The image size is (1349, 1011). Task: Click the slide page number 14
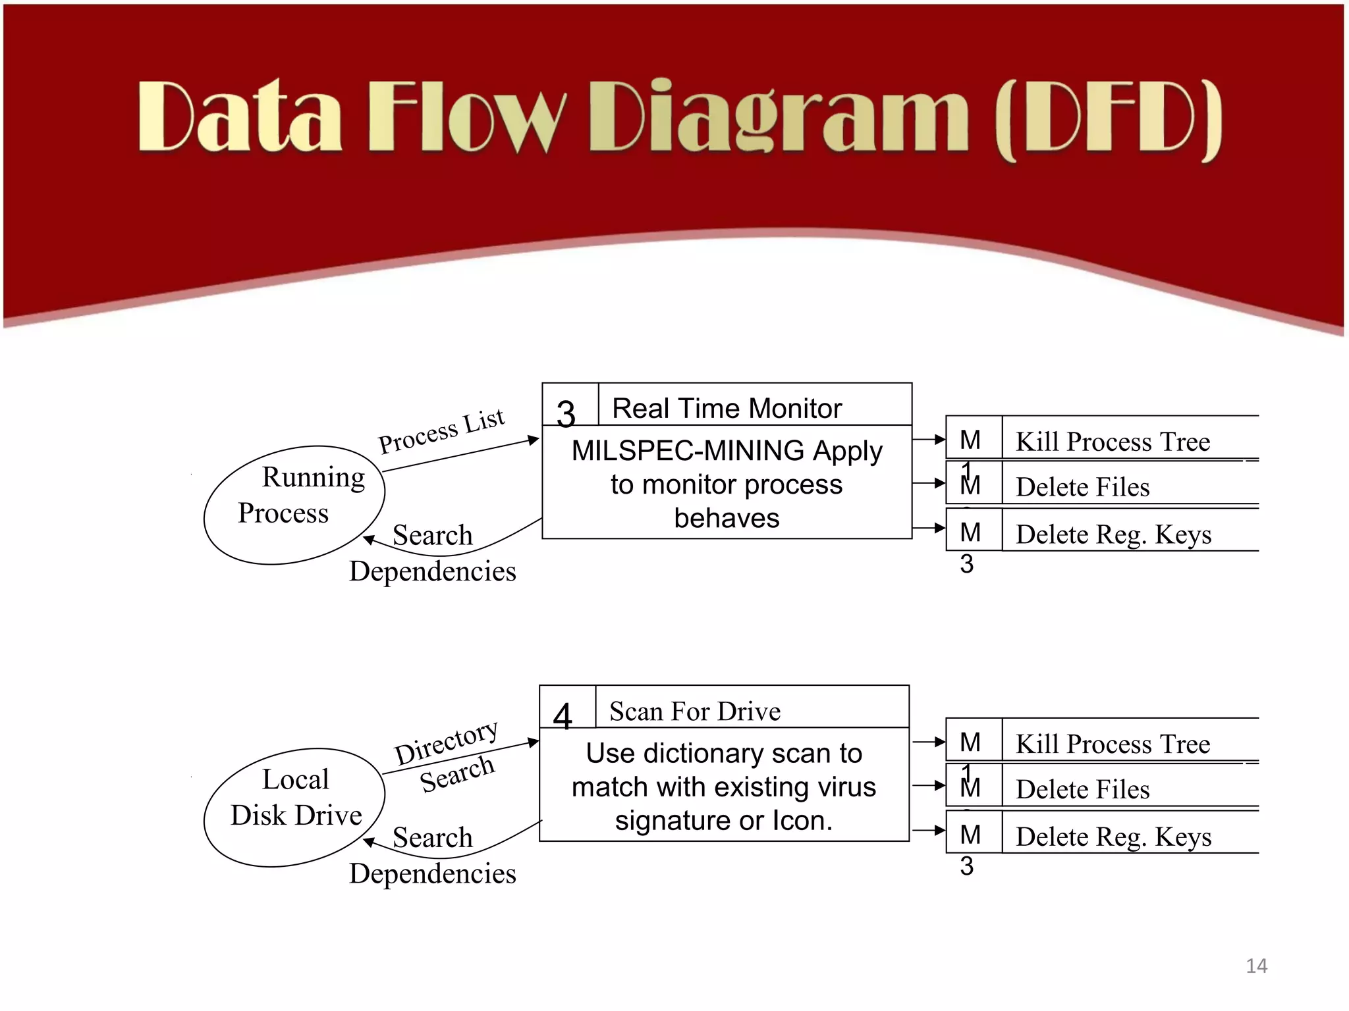[1255, 966]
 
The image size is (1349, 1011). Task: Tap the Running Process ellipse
[294, 505]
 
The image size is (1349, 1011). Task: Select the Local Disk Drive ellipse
[294, 807]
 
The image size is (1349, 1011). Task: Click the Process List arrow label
[441, 431]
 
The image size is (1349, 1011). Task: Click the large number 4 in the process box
[563, 716]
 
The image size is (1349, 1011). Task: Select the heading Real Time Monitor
[727, 409]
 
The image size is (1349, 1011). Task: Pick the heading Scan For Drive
[695, 712]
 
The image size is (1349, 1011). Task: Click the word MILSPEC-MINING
[688, 451]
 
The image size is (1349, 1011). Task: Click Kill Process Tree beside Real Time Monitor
[1113, 442]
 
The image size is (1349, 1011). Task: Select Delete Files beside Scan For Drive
[1082, 789]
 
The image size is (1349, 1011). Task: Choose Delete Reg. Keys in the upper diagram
[1113, 534]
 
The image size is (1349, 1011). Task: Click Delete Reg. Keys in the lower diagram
[1113, 837]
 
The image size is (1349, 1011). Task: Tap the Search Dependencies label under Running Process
[433, 554]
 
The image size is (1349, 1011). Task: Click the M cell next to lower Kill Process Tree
[971, 742]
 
